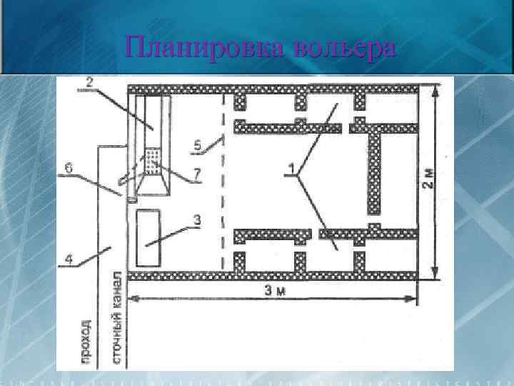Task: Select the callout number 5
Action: (197, 147)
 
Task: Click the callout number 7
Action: (198, 174)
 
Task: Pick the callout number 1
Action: (291, 169)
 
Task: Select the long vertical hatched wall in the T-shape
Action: (373, 172)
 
